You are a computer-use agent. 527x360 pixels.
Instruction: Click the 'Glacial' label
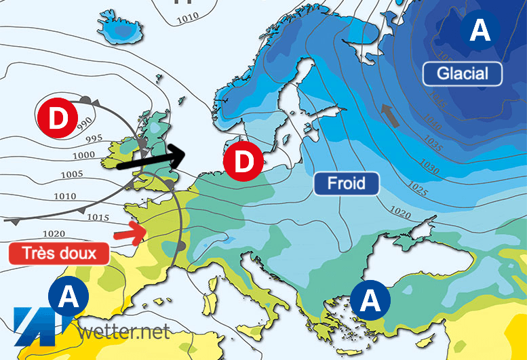(462, 73)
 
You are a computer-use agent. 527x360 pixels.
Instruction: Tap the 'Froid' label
(346, 183)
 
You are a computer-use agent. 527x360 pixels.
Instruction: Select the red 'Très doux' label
(60, 254)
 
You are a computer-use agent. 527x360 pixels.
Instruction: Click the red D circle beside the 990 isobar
(57, 119)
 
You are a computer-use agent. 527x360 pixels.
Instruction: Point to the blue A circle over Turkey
(370, 300)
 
